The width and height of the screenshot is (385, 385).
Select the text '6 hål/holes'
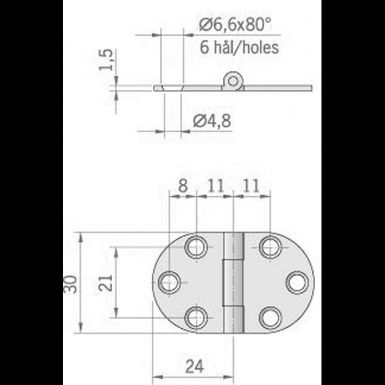(x=239, y=47)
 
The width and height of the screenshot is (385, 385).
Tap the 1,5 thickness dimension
(x=107, y=60)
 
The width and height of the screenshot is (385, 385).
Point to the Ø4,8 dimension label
(x=212, y=121)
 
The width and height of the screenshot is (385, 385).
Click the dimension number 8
(x=183, y=186)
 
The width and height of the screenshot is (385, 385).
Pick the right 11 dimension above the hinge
(x=251, y=186)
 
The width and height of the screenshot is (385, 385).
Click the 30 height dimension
(x=71, y=283)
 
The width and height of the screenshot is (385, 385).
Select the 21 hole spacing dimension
(x=107, y=283)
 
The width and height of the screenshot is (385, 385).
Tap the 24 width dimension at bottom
(x=194, y=367)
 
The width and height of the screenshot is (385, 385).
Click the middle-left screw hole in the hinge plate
(x=169, y=282)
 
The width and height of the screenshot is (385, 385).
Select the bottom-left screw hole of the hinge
(x=196, y=318)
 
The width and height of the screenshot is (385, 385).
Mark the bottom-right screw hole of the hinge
(x=270, y=318)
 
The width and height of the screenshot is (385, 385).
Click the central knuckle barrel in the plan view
(x=233, y=282)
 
